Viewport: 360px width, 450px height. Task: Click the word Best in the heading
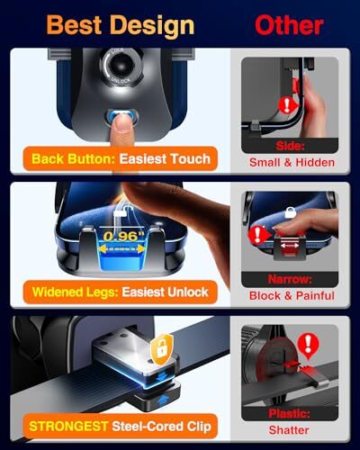tap(76, 24)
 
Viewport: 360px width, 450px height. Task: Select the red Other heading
tap(288, 24)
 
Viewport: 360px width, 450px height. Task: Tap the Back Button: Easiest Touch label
tap(121, 159)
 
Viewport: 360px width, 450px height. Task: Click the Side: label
tap(289, 144)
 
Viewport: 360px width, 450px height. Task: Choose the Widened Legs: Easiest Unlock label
tap(119, 292)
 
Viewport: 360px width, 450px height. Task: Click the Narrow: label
tap(289, 279)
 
